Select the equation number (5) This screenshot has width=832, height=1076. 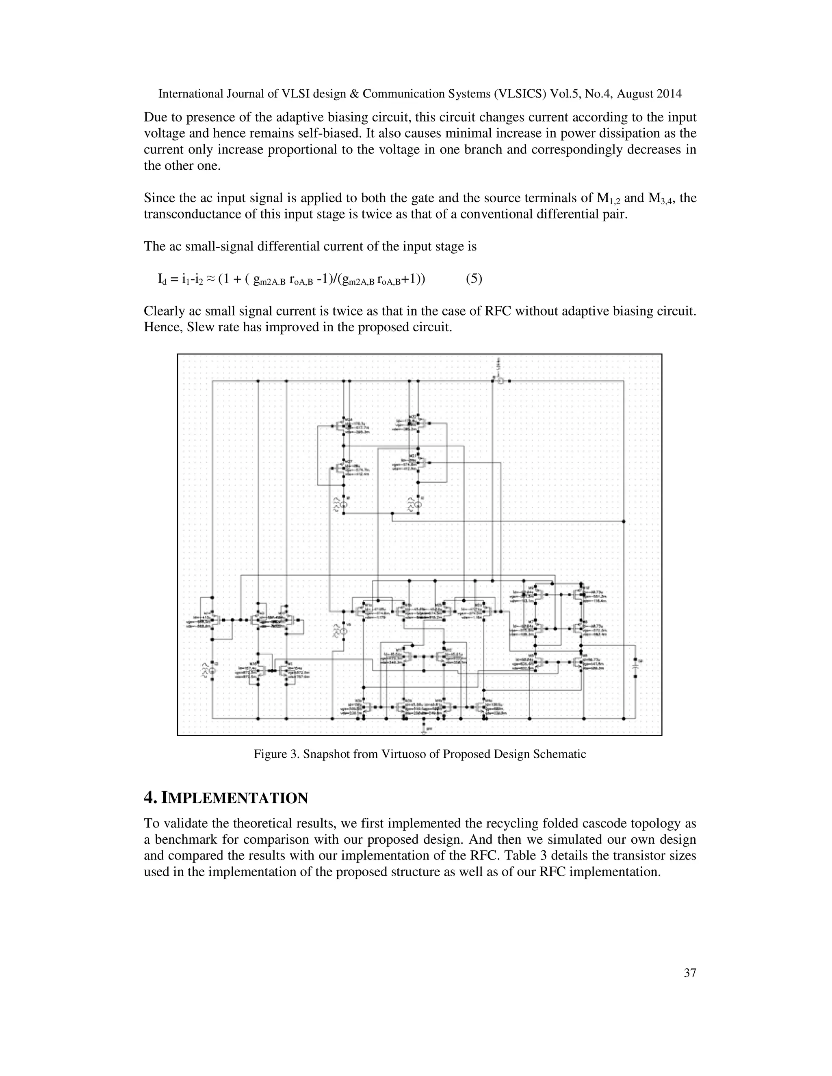[x=474, y=279]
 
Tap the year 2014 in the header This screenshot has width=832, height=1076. [x=668, y=94]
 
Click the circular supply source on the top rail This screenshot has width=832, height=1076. [x=500, y=381]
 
